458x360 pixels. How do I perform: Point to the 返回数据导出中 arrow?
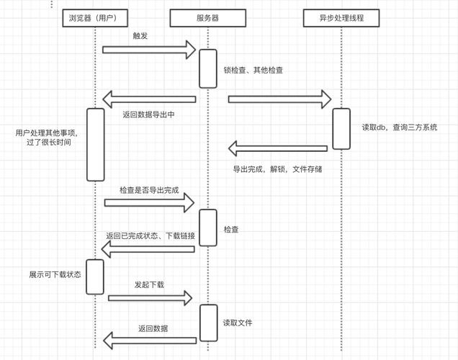tap(149, 99)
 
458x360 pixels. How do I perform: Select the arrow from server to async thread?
tap(279, 99)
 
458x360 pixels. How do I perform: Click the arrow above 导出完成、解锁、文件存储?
tap(278, 148)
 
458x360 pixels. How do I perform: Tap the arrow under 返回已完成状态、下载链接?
tap(148, 249)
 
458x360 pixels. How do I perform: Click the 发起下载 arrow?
tap(151, 297)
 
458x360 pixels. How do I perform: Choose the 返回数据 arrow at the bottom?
tap(150, 340)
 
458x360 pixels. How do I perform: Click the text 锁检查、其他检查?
tap(253, 71)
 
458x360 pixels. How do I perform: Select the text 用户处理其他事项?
tap(45, 133)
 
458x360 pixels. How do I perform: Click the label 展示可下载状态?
tap(55, 274)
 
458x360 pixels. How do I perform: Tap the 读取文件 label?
tap(238, 323)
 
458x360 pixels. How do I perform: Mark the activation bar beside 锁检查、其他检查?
tap(207, 68)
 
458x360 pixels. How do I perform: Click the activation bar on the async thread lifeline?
tap(341, 129)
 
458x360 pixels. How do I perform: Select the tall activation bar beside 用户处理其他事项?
tap(95, 145)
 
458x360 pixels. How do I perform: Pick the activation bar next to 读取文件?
tap(207, 323)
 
